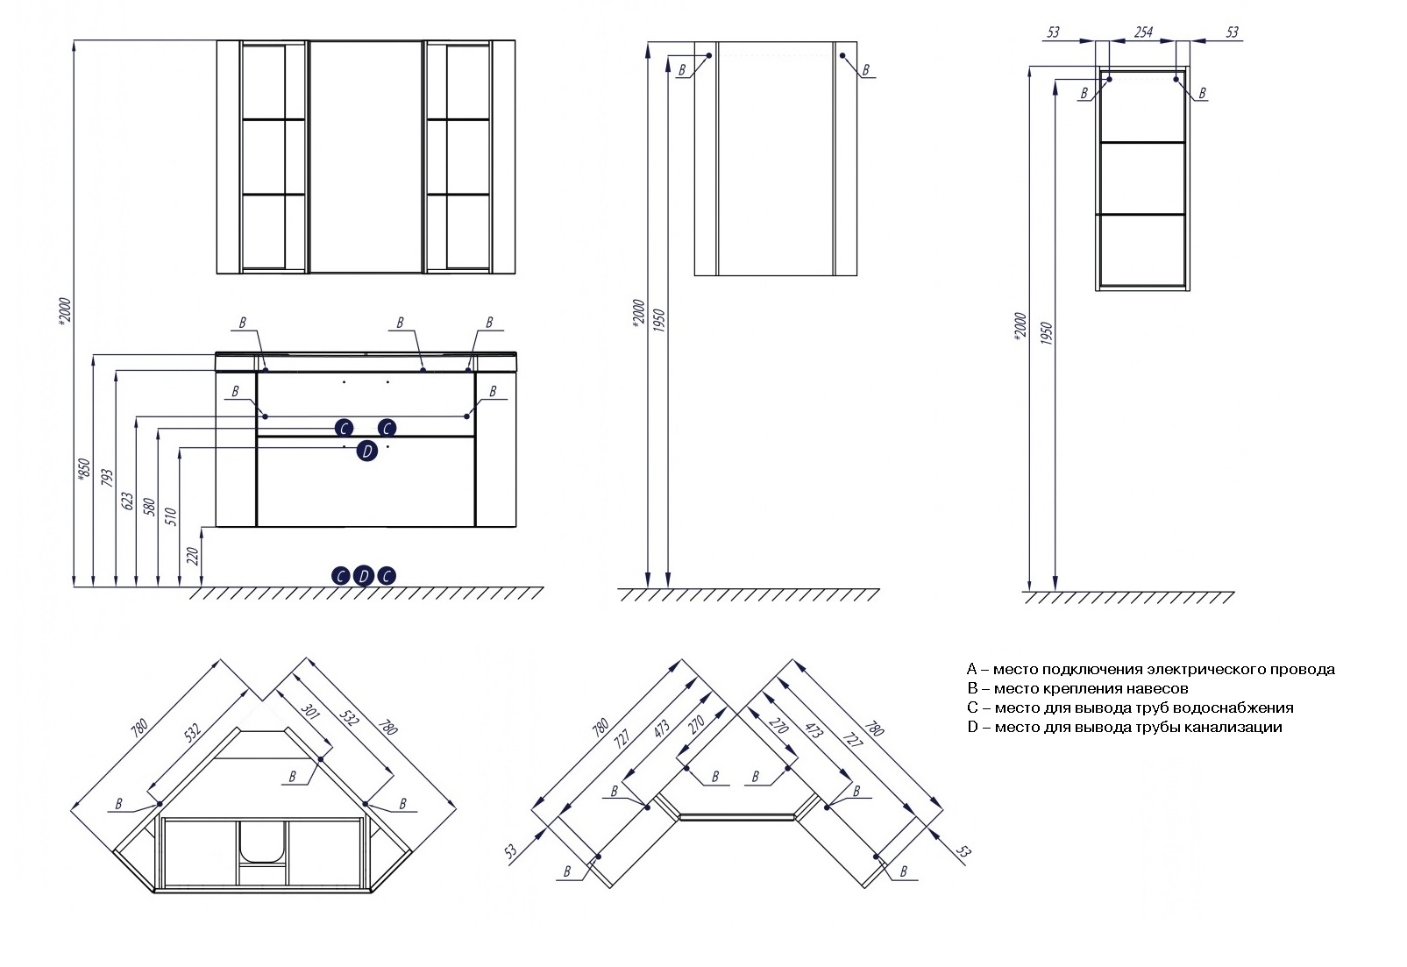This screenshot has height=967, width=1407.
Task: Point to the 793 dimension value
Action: (107, 478)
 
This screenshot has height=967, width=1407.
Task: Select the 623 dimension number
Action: (127, 500)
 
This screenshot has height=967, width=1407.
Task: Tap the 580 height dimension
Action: (149, 507)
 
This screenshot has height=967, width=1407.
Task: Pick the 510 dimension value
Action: (170, 516)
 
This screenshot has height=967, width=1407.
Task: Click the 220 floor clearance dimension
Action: (192, 556)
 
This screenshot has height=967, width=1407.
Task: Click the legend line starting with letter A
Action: (1151, 669)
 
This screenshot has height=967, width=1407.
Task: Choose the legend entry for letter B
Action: (1078, 689)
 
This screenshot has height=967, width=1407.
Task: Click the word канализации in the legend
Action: (1233, 728)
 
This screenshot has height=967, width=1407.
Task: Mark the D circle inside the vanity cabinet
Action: (366, 452)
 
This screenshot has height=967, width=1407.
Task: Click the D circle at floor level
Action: (364, 575)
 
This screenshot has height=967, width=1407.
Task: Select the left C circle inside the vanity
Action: (344, 429)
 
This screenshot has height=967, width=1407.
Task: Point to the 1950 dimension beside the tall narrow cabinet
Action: (1046, 333)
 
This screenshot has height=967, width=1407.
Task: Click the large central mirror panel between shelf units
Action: (366, 157)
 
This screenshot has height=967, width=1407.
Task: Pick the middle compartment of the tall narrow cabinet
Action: (1142, 179)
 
